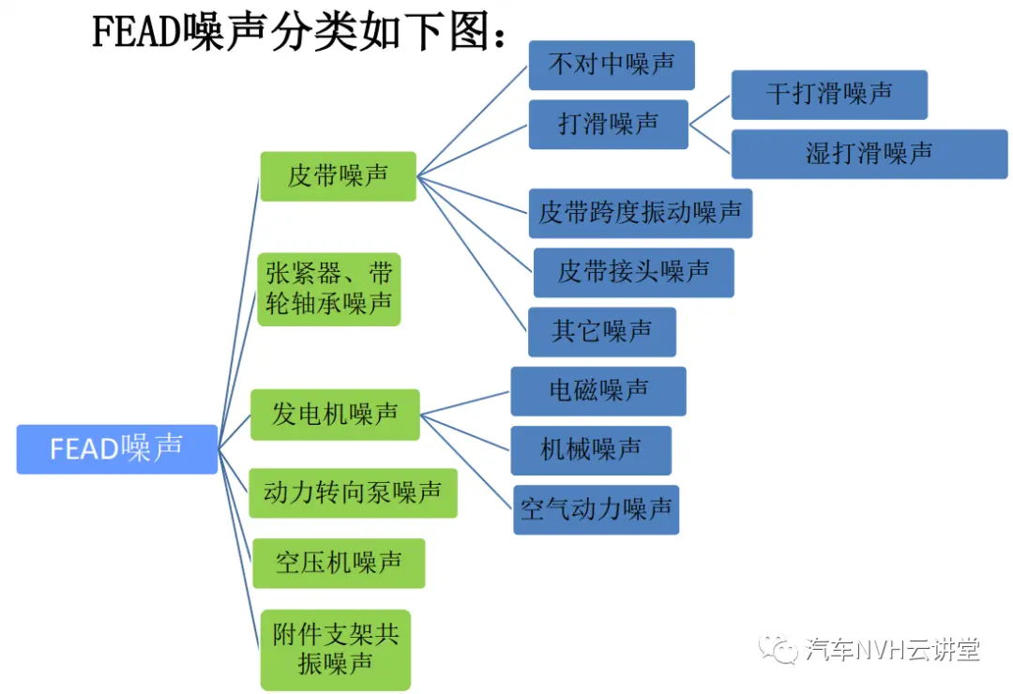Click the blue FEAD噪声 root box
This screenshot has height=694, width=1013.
[117, 449]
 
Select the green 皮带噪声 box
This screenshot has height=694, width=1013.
[338, 176]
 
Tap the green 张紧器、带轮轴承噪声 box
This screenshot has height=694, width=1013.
[329, 289]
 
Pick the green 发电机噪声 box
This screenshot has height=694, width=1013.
[335, 415]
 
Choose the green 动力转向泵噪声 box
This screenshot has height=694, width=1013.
[353, 493]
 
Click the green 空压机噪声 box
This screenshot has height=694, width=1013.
[339, 563]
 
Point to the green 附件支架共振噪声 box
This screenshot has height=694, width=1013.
[335, 649]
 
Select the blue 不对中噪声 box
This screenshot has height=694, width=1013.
[612, 66]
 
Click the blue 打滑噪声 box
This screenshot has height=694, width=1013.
[608, 124]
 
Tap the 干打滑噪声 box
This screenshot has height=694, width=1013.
[829, 95]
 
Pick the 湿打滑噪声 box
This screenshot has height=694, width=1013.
[869, 154]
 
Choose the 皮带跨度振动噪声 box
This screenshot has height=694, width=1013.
[641, 213]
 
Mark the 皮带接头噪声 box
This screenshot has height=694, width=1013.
[634, 273]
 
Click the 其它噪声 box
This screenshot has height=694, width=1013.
[602, 332]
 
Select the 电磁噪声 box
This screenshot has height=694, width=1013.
[598, 391]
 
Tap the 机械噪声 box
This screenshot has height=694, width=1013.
[591, 450]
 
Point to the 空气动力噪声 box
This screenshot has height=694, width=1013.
[596, 509]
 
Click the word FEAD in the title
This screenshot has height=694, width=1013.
[136, 31]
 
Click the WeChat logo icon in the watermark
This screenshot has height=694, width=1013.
[778, 648]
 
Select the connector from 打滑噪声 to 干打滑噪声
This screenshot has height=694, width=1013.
[710, 110]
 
